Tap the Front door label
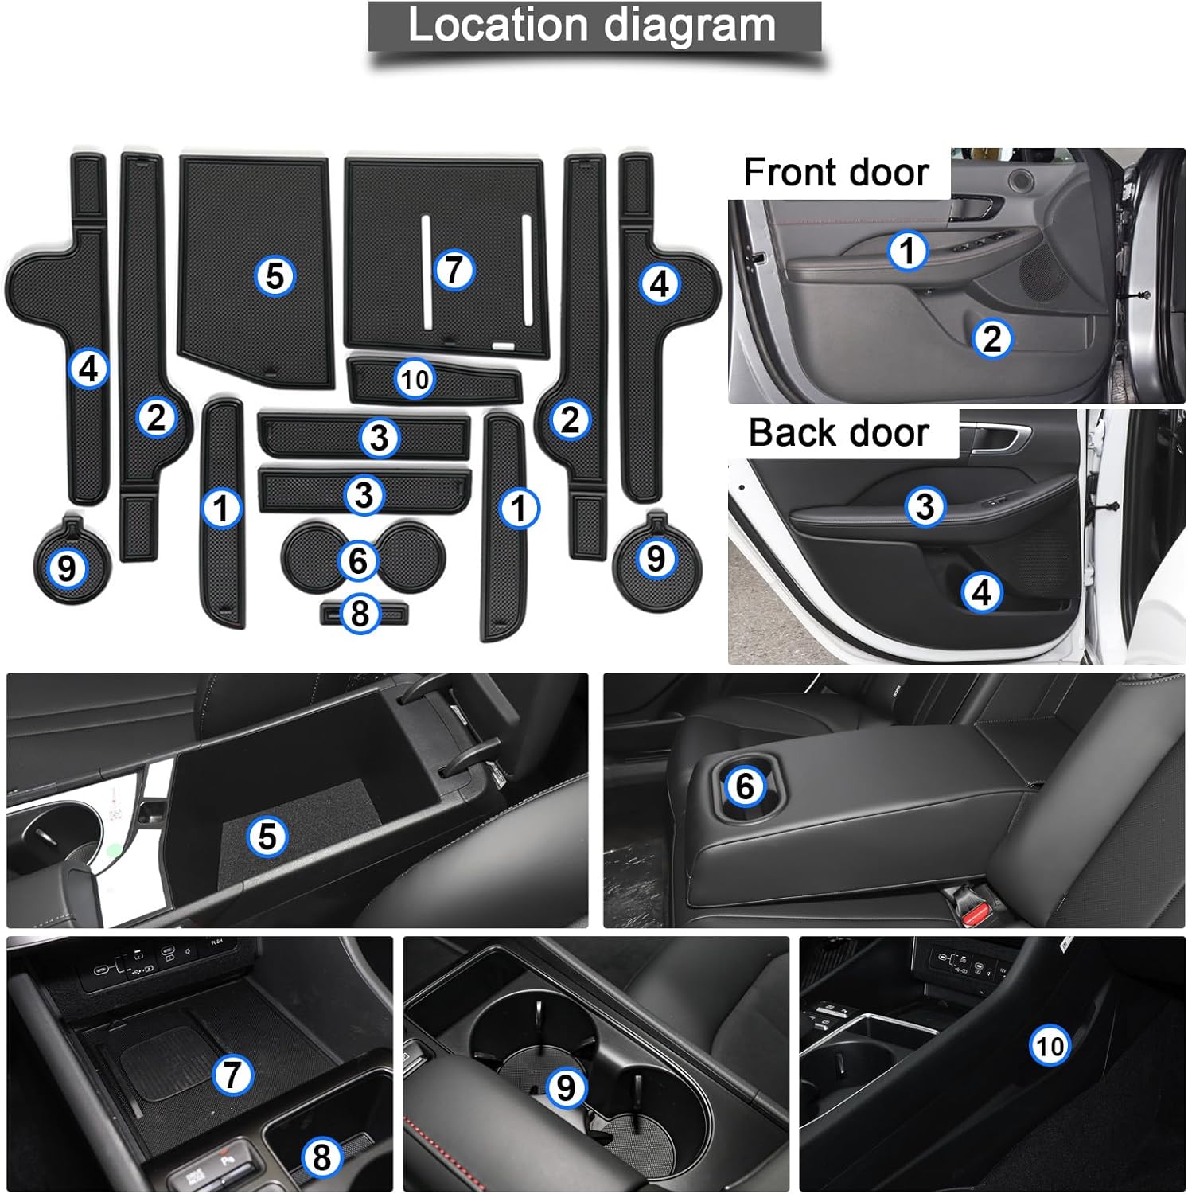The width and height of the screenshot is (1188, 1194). tap(835, 172)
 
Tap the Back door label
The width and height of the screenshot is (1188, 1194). tap(839, 433)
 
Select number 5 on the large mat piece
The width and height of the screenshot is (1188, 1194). tap(275, 276)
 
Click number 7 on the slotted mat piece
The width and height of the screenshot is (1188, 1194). tap(454, 269)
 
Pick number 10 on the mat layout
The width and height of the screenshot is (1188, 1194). tap(415, 379)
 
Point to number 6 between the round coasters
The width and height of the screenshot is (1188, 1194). tap(358, 560)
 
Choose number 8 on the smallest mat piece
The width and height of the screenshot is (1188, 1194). tap(360, 614)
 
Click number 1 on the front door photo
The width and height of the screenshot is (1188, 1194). tap(907, 251)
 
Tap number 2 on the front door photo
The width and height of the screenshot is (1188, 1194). tap(991, 338)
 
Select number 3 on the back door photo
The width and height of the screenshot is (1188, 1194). tap(925, 506)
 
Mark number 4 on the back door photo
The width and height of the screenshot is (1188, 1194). tap(981, 592)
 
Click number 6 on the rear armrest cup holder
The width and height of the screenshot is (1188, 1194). tap(745, 786)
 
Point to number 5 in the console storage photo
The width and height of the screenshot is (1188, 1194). tap(267, 837)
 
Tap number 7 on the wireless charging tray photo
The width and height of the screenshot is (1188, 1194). tap(232, 1075)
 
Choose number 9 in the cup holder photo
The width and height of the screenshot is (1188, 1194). tap(565, 1087)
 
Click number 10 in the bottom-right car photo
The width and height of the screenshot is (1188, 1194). tap(1050, 1045)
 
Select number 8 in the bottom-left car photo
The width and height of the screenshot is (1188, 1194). tap(322, 1157)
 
